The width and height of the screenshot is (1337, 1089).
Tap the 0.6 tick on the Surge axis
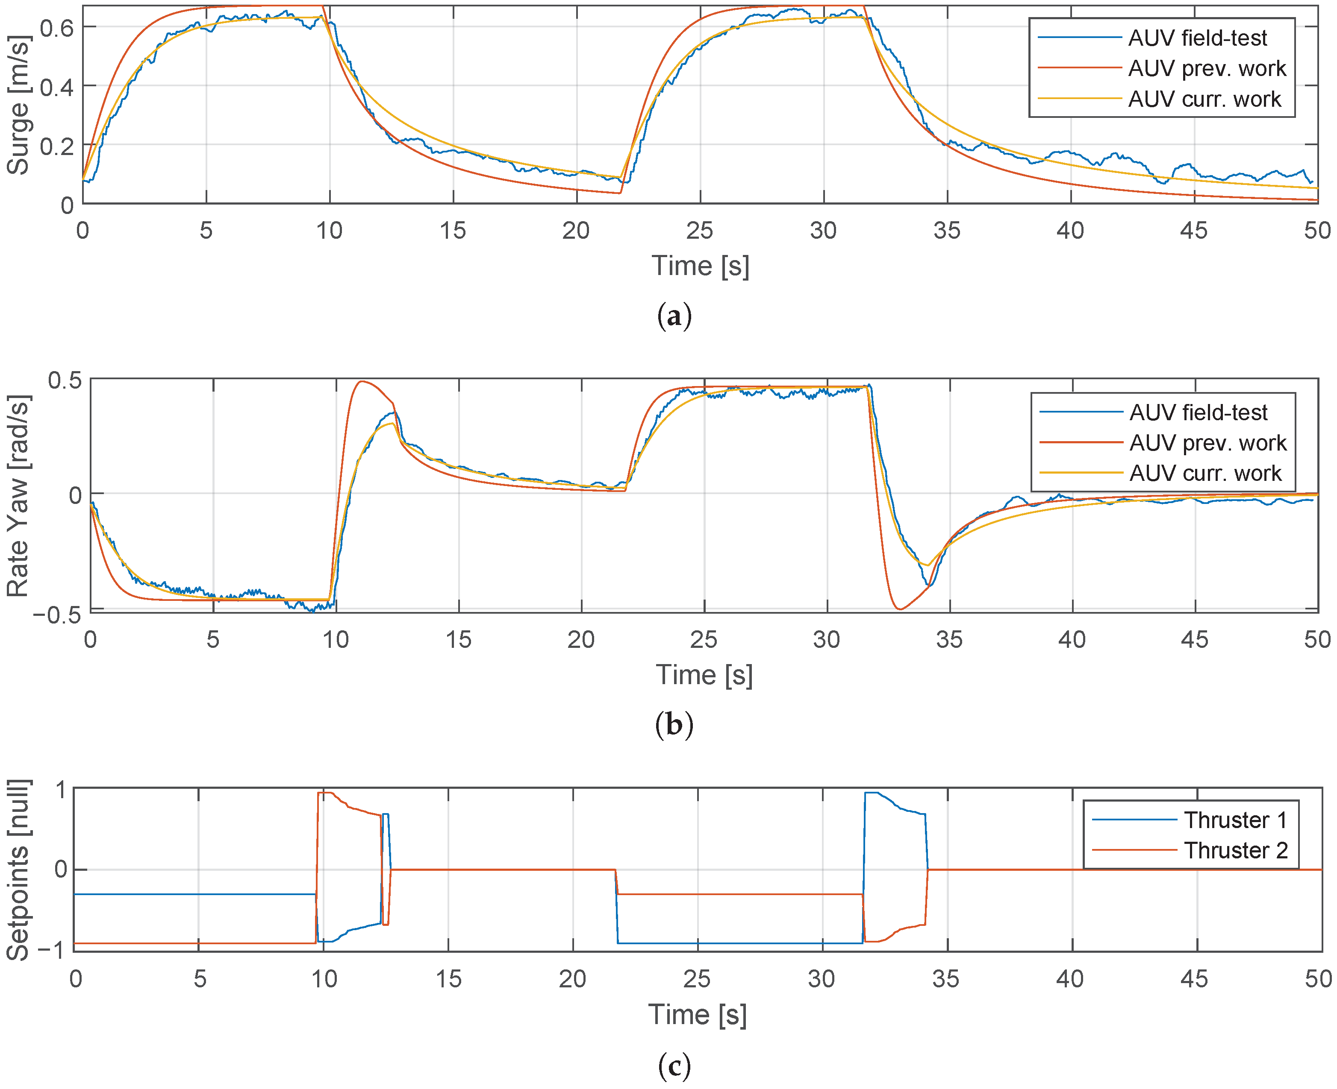[56, 28]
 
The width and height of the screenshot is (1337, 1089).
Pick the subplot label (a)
[674, 316]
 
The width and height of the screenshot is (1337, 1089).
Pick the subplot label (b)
[674, 725]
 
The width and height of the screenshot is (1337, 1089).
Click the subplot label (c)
[674, 1065]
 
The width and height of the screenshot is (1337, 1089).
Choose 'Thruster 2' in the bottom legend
[1235, 850]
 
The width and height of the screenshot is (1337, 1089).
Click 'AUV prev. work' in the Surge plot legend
[1207, 68]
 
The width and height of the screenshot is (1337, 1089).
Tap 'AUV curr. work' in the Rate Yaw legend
[1205, 473]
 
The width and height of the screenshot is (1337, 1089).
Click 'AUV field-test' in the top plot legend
[1197, 38]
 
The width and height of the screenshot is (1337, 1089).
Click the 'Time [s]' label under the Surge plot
[700, 266]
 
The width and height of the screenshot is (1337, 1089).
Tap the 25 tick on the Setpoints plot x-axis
[696, 978]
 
